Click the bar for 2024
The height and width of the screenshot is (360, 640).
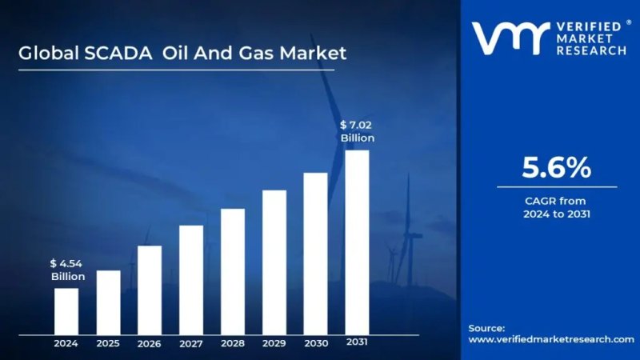click(x=66, y=310)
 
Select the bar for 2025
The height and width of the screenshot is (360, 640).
click(x=108, y=302)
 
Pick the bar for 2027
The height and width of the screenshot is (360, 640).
click(x=191, y=279)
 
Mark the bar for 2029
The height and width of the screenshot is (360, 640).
click(x=274, y=262)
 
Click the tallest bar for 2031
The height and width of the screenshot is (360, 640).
click(x=357, y=242)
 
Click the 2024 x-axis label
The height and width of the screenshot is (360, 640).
click(x=66, y=343)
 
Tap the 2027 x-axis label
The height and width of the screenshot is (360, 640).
click(x=191, y=343)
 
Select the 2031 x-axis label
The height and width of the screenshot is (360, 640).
click(x=357, y=342)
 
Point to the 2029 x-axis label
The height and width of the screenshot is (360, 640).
click(x=274, y=343)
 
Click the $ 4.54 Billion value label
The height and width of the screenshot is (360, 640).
click(x=67, y=270)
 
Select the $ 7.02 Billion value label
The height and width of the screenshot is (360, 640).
click(x=357, y=131)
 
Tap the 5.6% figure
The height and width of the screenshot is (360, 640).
click(x=556, y=167)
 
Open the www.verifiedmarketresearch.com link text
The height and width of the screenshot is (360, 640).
click(x=550, y=339)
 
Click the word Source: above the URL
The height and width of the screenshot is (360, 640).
click(x=486, y=327)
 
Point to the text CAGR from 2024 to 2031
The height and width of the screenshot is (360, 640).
click(x=556, y=207)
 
